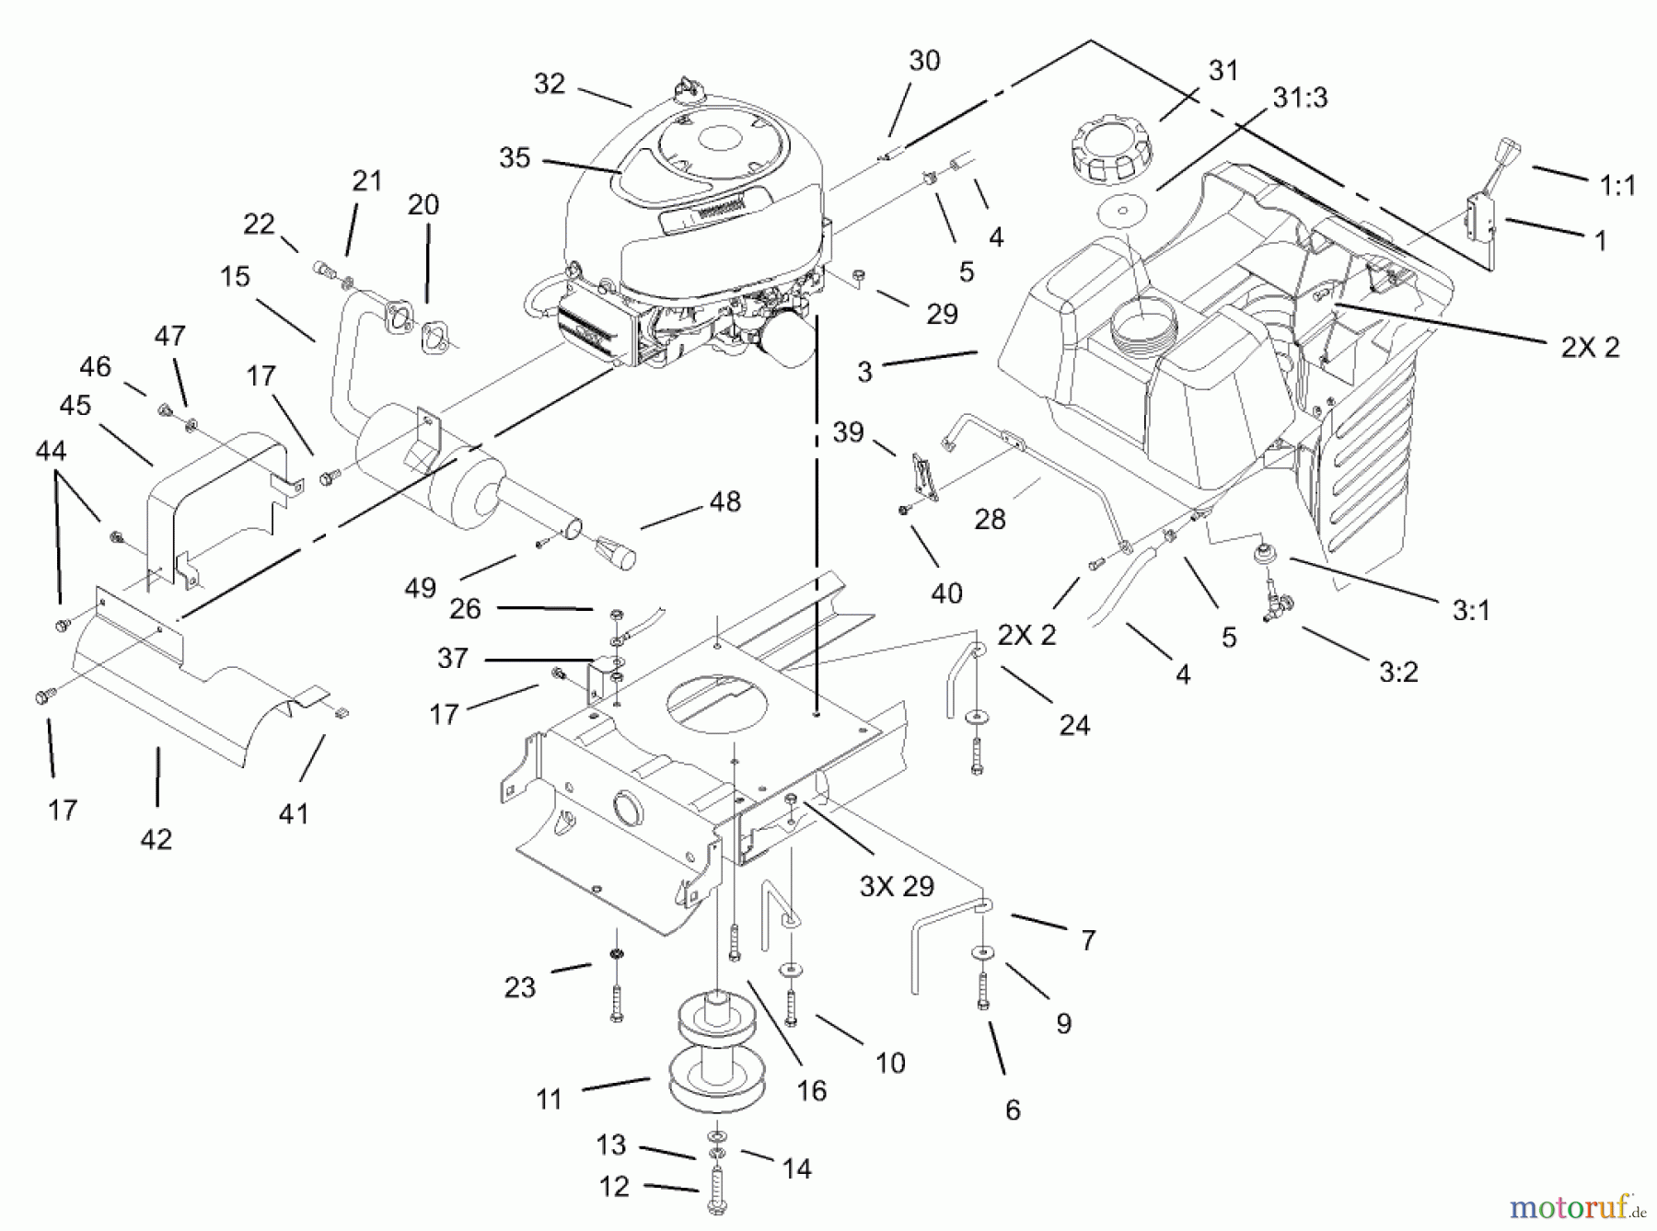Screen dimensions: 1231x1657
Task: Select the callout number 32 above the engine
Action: tap(550, 84)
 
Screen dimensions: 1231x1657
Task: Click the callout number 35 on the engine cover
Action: tap(515, 158)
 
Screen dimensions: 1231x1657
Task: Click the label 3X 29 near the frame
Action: tap(897, 886)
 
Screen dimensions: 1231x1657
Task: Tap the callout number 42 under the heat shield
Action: tap(156, 839)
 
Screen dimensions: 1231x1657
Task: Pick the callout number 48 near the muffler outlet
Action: tap(725, 501)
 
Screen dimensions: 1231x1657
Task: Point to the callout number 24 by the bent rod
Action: tap(1074, 725)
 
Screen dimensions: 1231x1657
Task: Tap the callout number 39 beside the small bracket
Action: tap(848, 431)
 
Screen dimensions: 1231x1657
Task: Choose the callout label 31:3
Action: tap(1300, 97)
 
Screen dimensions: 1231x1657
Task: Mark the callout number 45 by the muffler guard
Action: tap(75, 405)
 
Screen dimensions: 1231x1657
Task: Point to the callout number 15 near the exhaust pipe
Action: tap(236, 276)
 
